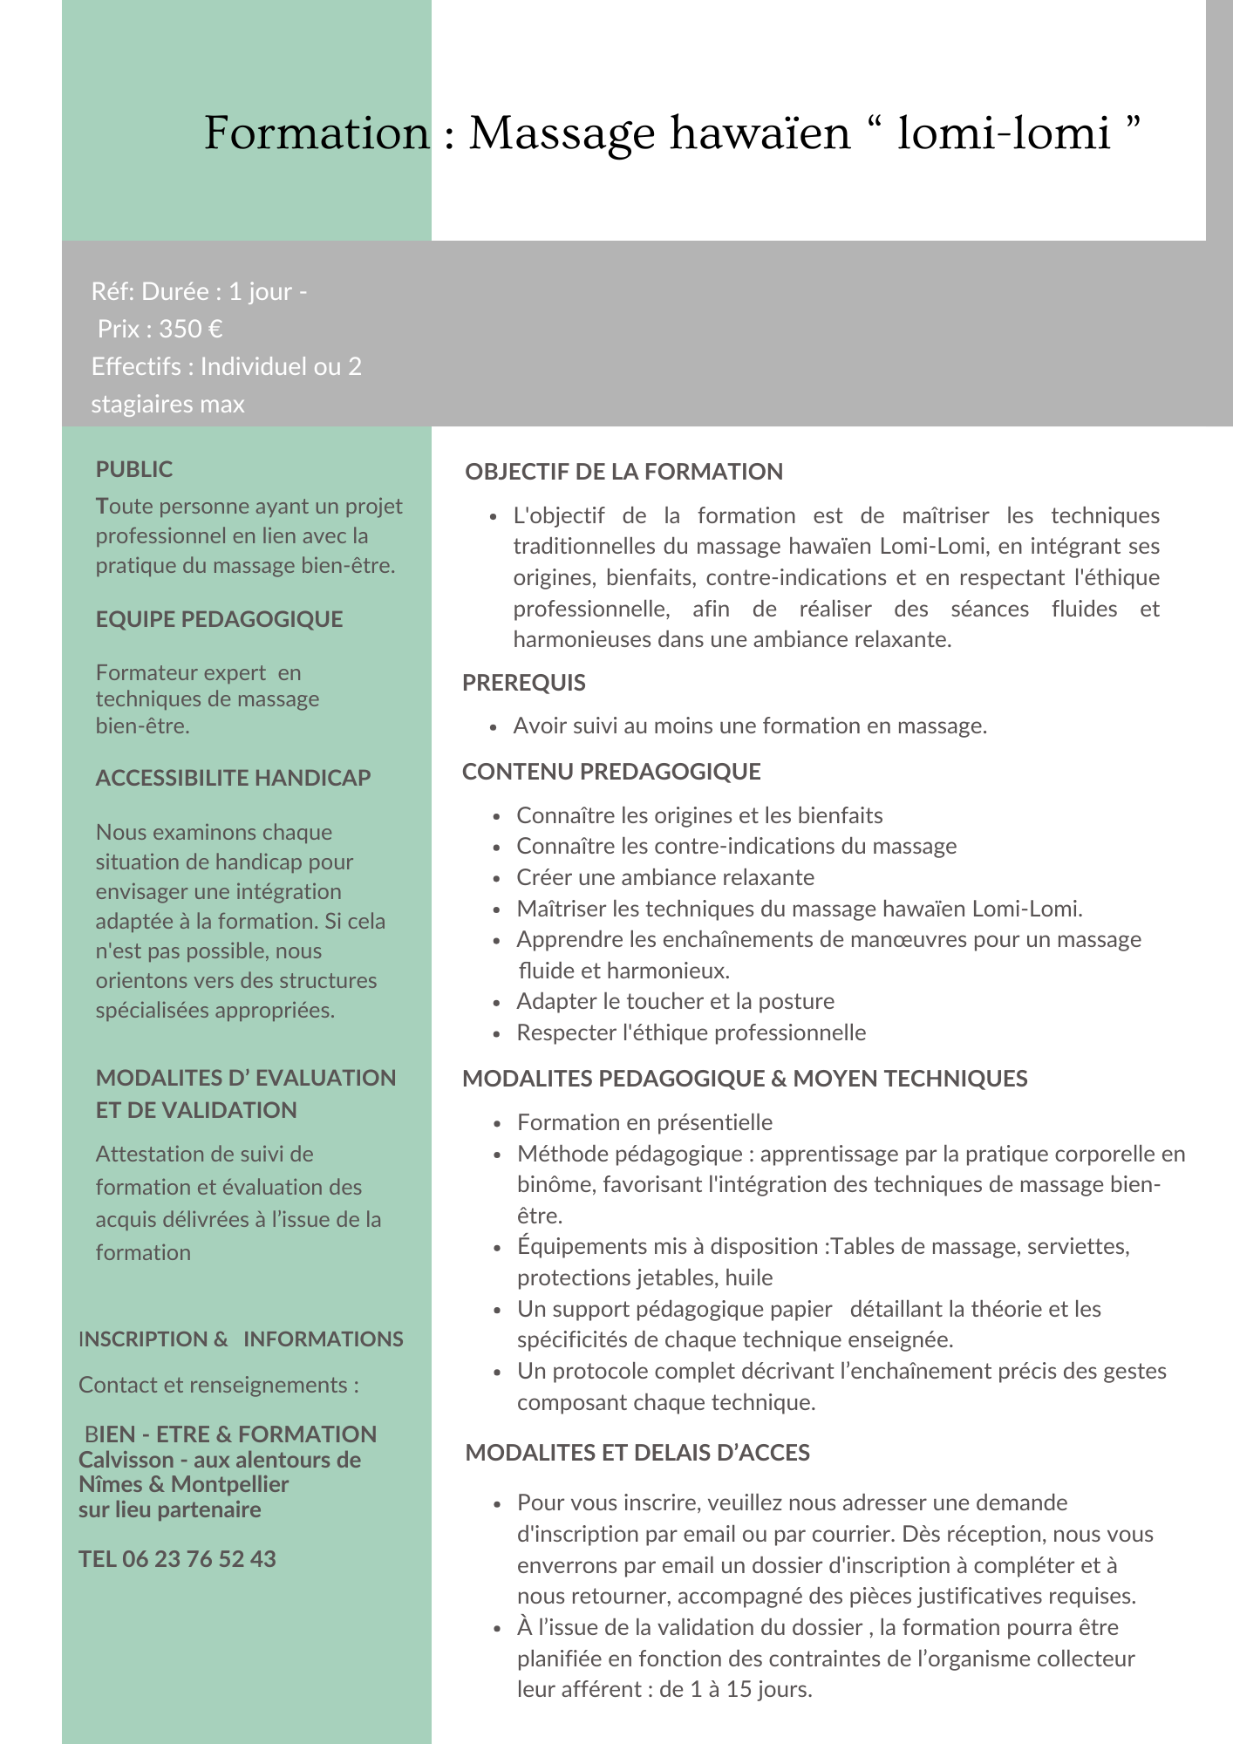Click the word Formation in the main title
click(x=317, y=133)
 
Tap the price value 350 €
click(x=190, y=329)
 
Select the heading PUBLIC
click(x=134, y=469)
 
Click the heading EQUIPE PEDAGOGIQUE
click(x=219, y=619)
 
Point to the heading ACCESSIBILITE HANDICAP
click(x=233, y=778)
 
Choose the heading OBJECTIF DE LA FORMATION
click(x=623, y=472)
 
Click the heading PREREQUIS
click(x=523, y=683)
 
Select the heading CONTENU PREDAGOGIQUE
click(x=611, y=772)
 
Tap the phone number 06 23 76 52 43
click(x=199, y=1559)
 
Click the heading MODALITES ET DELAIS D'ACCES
click(x=637, y=1453)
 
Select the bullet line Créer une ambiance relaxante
click(x=665, y=877)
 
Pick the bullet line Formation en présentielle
click(x=644, y=1122)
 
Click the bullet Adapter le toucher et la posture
click(x=675, y=1001)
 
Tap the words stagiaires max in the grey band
click(x=167, y=405)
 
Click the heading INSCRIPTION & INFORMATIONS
click(x=241, y=1339)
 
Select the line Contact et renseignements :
click(x=218, y=1385)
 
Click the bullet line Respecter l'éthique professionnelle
click(x=691, y=1032)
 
